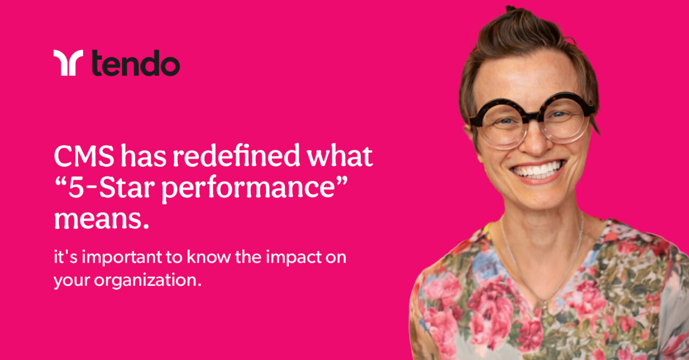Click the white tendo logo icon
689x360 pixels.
(68, 62)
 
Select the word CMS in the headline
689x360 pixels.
(83, 157)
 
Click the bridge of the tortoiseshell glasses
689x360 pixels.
(532, 115)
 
